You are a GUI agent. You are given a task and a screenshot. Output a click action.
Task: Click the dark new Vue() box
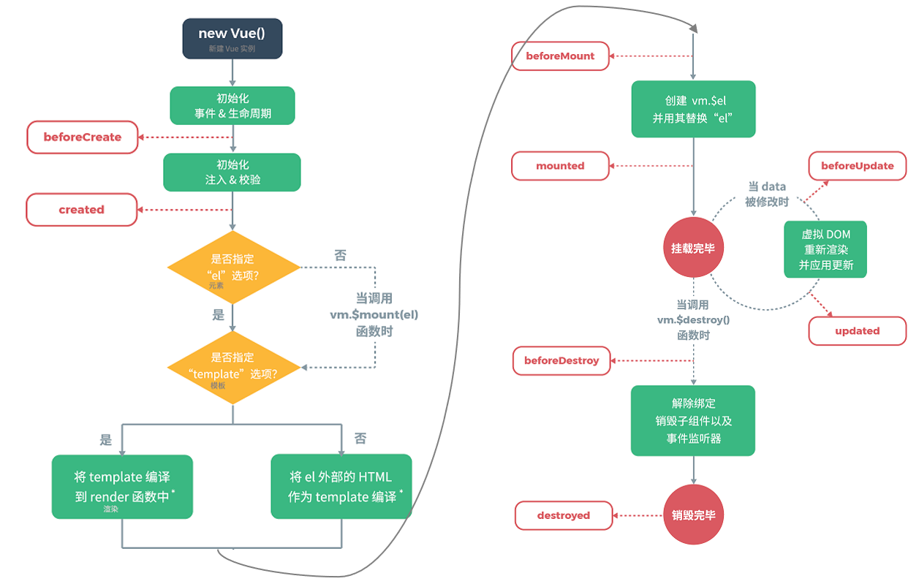tap(232, 39)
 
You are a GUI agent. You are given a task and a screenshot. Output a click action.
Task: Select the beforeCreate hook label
tap(83, 137)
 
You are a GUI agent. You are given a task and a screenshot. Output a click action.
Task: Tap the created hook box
tap(82, 210)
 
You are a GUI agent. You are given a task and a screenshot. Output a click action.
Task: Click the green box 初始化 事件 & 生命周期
tap(232, 106)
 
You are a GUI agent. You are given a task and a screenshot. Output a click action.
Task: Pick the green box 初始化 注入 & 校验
tap(232, 172)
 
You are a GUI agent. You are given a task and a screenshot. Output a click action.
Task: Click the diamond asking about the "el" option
tap(233, 268)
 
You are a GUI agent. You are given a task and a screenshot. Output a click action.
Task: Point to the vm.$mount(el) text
tap(374, 315)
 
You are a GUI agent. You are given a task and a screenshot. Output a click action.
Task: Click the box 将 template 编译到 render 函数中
tap(122, 487)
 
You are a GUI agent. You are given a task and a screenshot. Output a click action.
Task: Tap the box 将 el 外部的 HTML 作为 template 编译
tap(341, 487)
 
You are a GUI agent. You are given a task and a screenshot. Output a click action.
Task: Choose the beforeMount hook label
tap(561, 56)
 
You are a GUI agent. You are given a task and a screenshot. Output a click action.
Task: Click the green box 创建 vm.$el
tap(692, 109)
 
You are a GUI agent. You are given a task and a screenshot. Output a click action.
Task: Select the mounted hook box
tap(560, 166)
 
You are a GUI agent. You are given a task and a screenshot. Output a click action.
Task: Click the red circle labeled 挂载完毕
tap(692, 248)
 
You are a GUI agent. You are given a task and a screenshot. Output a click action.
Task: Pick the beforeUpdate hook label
tap(857, 166)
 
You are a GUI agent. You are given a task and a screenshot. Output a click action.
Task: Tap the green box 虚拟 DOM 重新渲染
tap(825, 249)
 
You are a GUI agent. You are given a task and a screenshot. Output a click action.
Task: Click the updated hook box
tap(857, 331)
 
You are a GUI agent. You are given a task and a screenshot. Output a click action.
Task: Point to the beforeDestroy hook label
tap(561, 360)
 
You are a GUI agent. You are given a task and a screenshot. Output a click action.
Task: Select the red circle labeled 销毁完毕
tap(693, 515)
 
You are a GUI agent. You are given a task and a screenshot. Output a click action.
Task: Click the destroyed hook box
tap(563, 515)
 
